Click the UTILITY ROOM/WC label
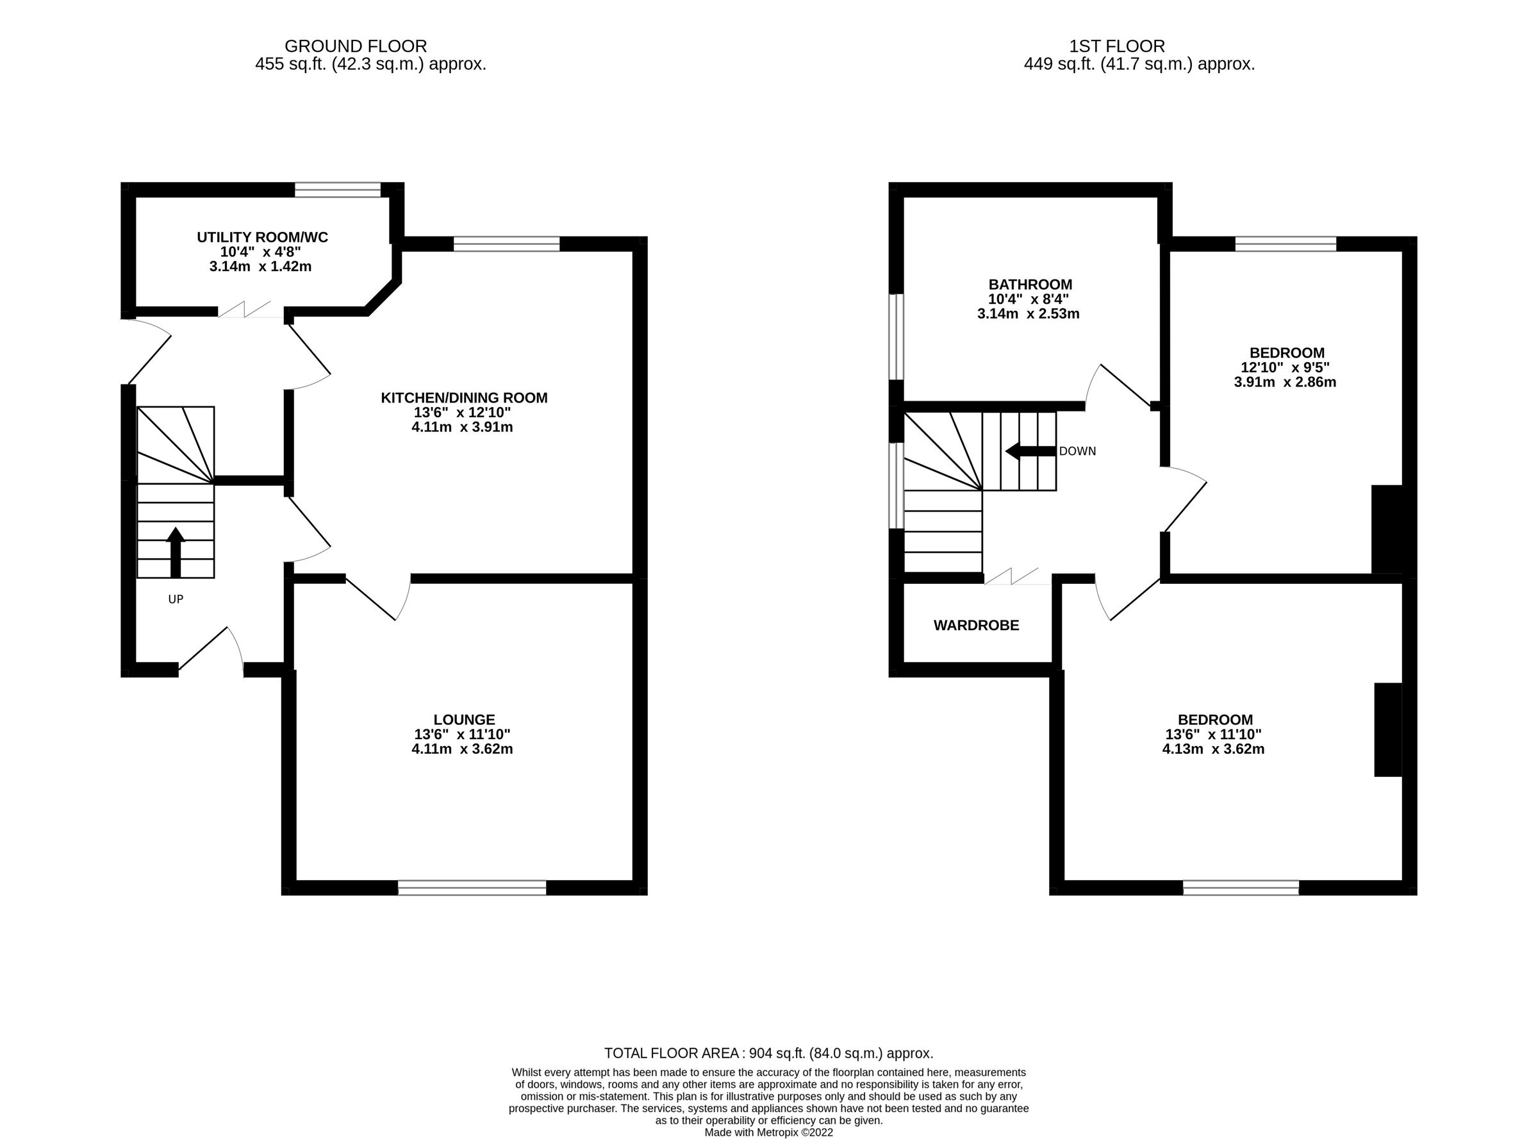262,237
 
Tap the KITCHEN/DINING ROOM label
464,398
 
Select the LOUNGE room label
464,720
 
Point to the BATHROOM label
1030,284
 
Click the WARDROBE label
975,626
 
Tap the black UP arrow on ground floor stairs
176,552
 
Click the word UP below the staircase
176,599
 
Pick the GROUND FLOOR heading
356,46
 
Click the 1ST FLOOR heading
1117,46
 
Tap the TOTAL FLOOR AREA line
768,1053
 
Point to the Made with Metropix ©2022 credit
768,1132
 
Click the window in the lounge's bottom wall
472,887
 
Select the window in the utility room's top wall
337,190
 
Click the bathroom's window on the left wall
895,337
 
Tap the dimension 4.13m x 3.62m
1212,749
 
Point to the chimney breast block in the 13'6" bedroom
1387,729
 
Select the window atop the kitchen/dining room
506,244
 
